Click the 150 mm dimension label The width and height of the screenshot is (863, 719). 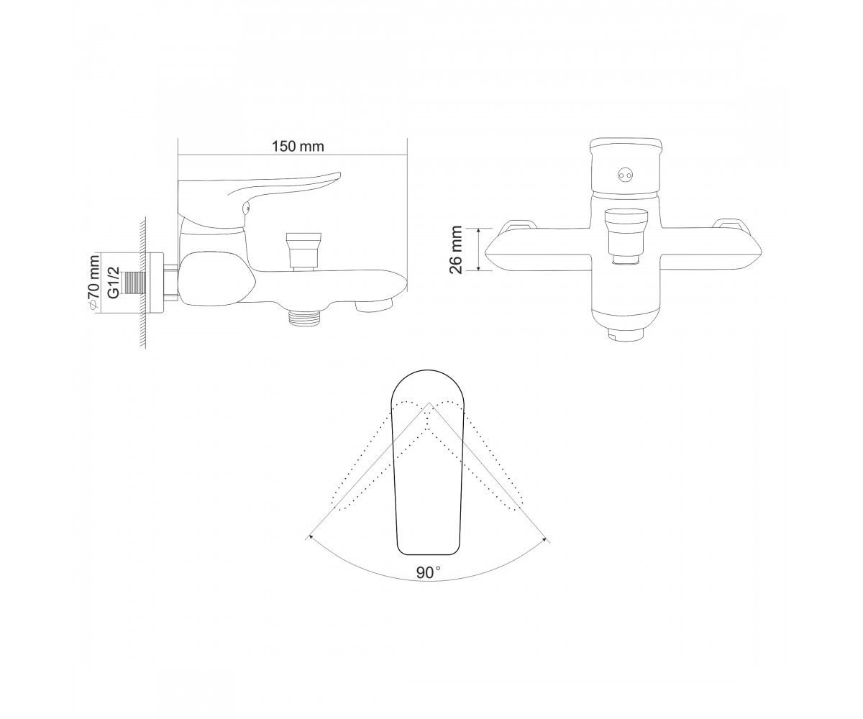click(298, 147)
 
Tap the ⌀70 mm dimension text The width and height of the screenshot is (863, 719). click(93, 283)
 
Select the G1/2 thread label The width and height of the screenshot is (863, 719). click(113, 283)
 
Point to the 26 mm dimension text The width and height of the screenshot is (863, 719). click(456, 249)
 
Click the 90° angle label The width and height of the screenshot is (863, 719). click(428, 573)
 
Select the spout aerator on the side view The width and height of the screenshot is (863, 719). click(374, 306)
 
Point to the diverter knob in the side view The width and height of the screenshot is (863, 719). click(303, 250)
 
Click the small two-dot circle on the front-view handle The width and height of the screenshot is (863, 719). click(624, 175)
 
